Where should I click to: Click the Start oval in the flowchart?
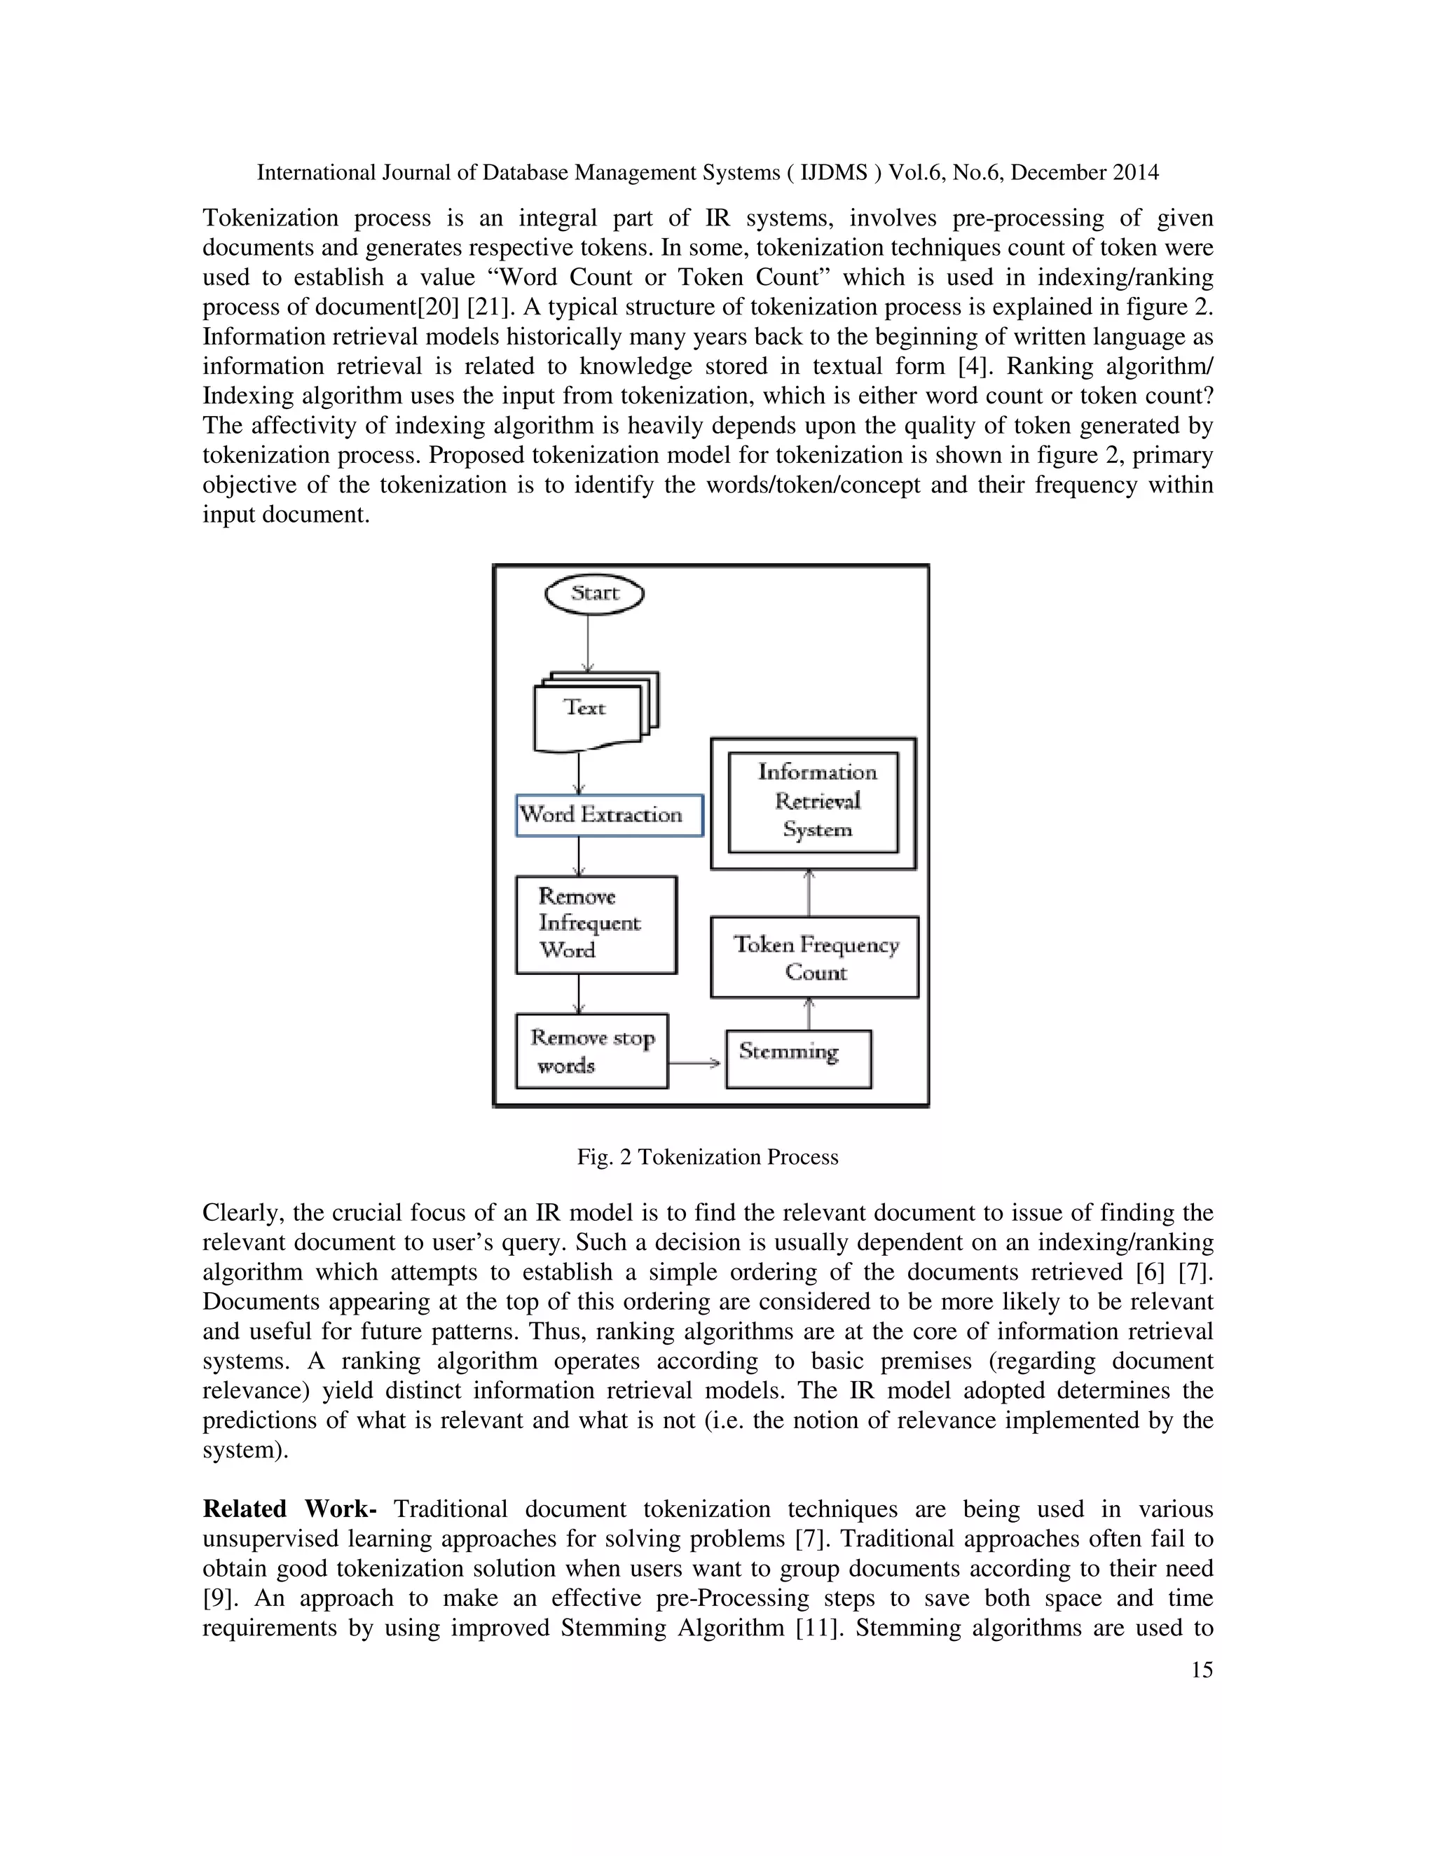pos(594,593)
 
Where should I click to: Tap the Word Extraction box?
pos(609,815)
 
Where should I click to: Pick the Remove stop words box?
pos(591,1051)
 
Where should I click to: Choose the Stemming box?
pos(797,1058)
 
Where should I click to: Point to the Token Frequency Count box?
pos(814,957)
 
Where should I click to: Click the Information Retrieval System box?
pos(813,802)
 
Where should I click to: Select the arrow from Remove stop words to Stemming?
pos(695,1062)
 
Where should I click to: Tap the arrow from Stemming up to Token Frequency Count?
pos(809,1014)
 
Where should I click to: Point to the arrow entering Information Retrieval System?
pos(809,892)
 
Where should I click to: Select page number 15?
pos(1201,1670)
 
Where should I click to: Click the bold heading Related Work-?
pos(289,1509)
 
